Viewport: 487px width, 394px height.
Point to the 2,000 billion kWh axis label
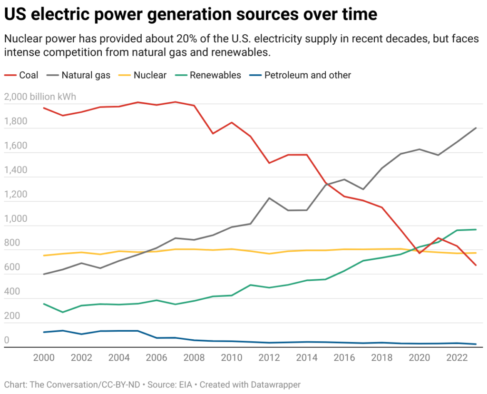pyautogui.click(x=40, y=97)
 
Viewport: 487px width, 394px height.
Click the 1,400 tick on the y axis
pyautogui.click(x=15, y=170)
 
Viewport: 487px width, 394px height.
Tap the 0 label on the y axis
pyautogui.click(x=7, y=340)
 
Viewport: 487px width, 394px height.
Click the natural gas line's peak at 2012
pyautogui.click(x=269, y=198)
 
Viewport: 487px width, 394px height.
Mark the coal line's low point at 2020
pyautogui.click(x=419, y=253)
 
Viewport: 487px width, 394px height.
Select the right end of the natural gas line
pyautogui.click(x=476, y=128)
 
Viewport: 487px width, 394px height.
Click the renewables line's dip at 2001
pyautogui.click(x=62, y=312)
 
